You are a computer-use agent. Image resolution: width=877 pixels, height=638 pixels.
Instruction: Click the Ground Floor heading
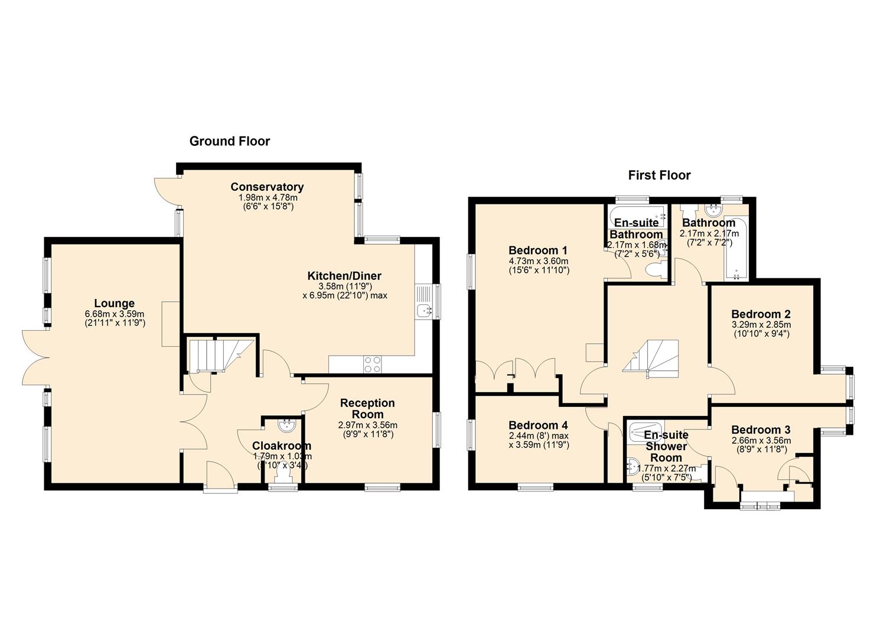tap(230, 141)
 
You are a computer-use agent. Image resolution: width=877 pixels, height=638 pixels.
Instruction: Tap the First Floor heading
tap(659, 175)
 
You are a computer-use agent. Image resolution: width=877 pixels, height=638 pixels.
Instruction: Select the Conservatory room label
tap(267, 187)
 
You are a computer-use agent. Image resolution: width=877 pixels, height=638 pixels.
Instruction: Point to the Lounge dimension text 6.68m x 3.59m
tap(115, 314)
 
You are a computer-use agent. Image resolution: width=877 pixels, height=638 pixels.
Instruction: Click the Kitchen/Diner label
tap(344, 276)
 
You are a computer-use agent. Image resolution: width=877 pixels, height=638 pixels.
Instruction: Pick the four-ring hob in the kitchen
tap(372, 364)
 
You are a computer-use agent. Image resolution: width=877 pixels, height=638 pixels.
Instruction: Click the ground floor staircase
tap(219, 355)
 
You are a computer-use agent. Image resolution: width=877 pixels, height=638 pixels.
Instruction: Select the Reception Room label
tap(367, 408)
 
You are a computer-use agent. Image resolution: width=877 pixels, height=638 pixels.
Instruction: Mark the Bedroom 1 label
tap(537, 250)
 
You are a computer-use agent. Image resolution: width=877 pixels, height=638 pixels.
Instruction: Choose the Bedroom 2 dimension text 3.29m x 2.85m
tap(761, 325)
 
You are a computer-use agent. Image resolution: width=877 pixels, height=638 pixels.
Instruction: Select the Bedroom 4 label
tap(538, 425)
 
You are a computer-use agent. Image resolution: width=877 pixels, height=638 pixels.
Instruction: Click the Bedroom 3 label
tap(760, 429)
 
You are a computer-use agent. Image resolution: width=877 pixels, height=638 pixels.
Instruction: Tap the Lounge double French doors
tap(36, 357)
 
